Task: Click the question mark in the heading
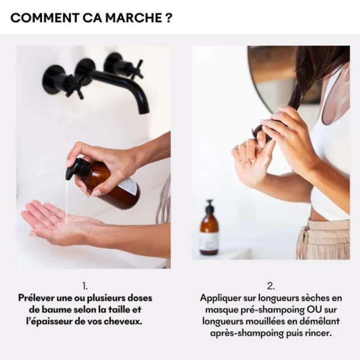point(167,18)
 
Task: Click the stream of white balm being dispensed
point(67,198)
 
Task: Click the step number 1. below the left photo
point(85,286)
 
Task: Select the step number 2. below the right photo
point(271,286)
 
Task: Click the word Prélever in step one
point(36,298)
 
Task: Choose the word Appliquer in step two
point(220,298)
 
